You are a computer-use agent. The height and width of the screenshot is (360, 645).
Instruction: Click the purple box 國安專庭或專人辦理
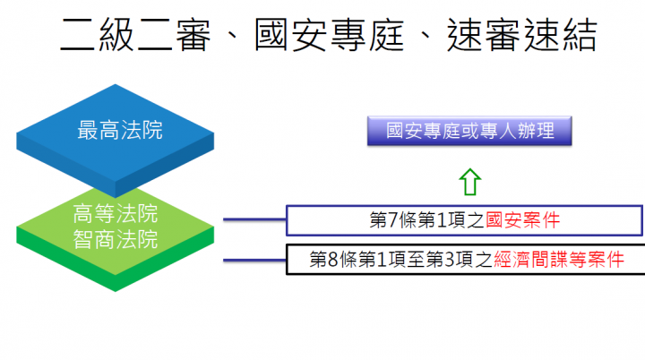pos(469,131)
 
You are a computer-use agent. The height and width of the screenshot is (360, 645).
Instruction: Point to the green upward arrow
pos(469,180)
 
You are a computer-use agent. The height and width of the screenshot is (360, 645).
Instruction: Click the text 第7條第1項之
pos(428,219)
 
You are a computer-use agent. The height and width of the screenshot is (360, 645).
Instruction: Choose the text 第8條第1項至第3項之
pos(402,260)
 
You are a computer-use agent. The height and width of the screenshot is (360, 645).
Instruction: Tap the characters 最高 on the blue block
pos(99,131)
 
